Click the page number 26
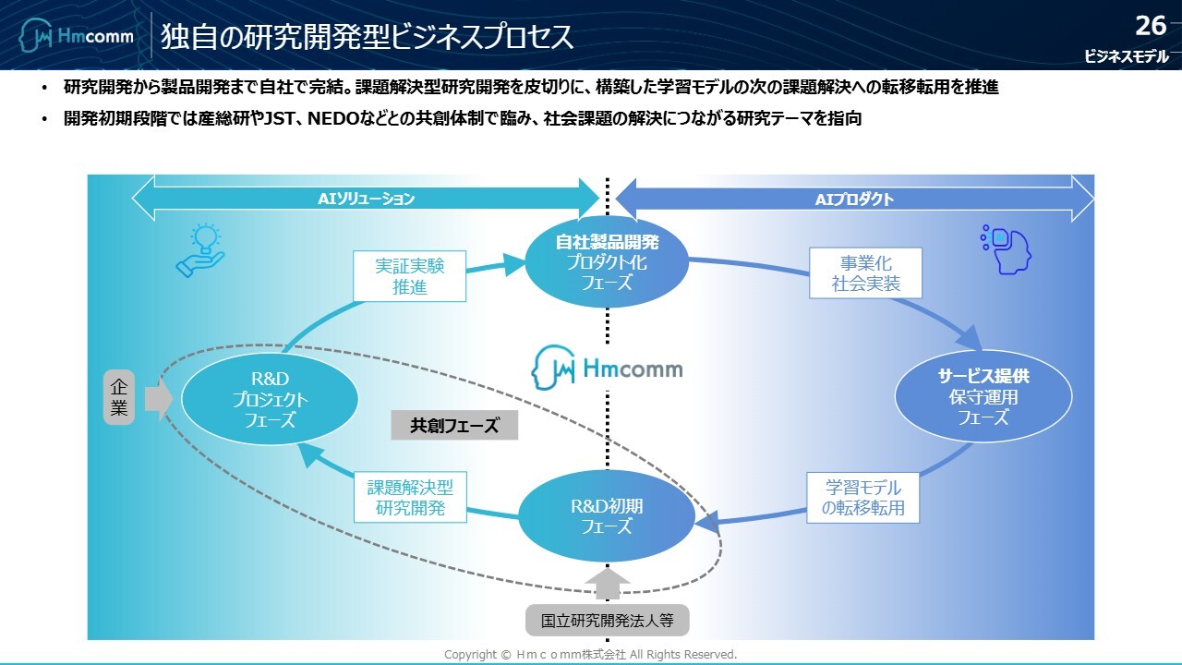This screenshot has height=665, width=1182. pos(1151,25)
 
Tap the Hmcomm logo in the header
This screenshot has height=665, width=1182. pos(77,37)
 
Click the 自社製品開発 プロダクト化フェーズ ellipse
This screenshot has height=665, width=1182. pos(607,262)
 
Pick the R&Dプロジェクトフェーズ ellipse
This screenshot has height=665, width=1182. pos(271,398)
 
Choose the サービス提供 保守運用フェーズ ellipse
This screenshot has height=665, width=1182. pos(983,398)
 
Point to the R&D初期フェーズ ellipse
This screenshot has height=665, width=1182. pos(607,516)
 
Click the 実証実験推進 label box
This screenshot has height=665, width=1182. pos(409,276)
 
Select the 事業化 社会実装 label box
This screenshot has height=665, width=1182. pos(865,273)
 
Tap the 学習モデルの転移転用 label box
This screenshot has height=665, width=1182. pos(862,498)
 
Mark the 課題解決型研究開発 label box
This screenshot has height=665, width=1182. pos(410,498)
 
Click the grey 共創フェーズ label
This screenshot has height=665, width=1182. pos(454,425)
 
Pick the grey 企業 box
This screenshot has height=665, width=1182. pos(119,397)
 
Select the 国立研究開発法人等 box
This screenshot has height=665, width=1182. pos(607,619)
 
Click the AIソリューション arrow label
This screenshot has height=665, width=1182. pos(367,199)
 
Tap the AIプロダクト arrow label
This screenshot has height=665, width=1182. pos(854,199)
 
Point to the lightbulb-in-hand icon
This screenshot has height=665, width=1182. pos(200,250)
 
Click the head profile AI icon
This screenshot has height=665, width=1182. pos(1006,248)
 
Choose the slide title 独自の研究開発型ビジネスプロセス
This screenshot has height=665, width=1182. pos(367,37)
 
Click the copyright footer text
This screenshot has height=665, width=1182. pos(590,654)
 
